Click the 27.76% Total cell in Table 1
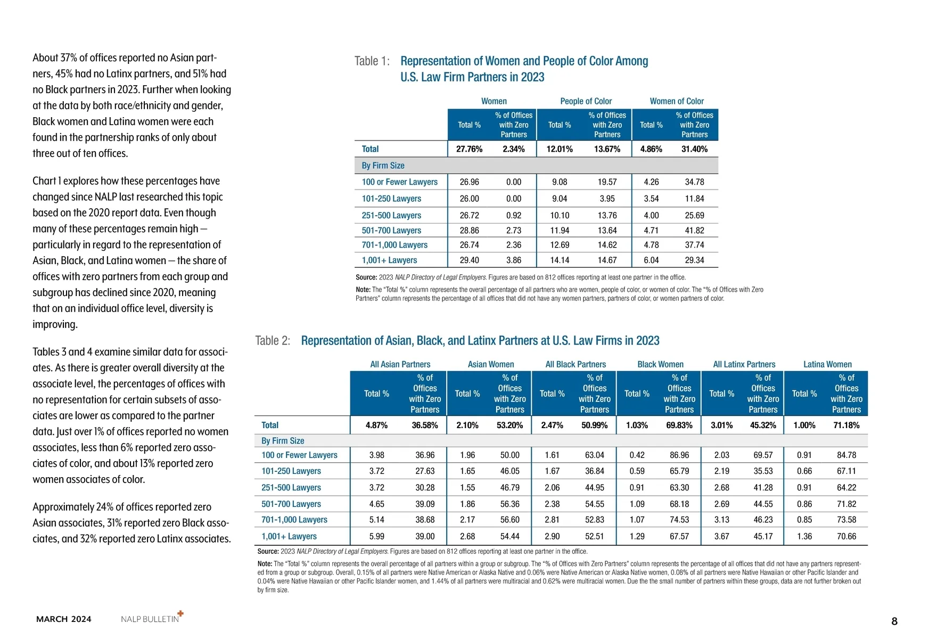click(x=469, y=149)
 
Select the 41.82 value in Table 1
click(x=694, y=231)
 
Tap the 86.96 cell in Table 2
click(x=679, y=455)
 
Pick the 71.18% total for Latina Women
click(x=846, y=425)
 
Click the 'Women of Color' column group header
click(x=676, y=101)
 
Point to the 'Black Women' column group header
click(x=660, y=364)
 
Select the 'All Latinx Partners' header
click(x=744, y=364)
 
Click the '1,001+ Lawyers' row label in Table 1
click(x=389, y=260)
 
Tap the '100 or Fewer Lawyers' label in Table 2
click(x=299, y=455)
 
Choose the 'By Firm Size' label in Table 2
click(x=283, y=441)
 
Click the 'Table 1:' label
click(x=372, y=61)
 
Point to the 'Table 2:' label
click(x=273, y=341)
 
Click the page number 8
click(x=894, y=621)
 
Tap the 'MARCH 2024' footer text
click(x=64, y=619)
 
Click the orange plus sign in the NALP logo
click(x=180, y=613)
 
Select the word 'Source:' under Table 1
click(x=366, y=277)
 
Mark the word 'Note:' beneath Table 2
click(x=265, y=564)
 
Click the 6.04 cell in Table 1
click(x=651, y=260)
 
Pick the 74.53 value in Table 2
click(x=679, y=520)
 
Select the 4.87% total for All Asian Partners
click(x=376, y=425)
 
